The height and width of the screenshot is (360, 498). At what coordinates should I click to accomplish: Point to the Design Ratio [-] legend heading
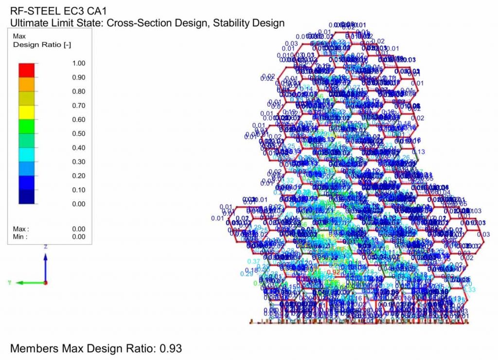tap(42, 45)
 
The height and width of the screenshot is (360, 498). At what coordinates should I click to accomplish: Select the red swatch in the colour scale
tap(27, 70)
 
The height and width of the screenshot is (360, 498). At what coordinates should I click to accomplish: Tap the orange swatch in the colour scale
tap(27, 84)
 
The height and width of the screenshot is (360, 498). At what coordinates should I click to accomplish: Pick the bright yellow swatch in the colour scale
tap(27, 112)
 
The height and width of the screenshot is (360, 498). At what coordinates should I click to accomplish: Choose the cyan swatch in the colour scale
tap(27, 155)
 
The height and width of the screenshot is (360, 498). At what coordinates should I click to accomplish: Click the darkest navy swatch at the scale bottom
tap(27, 197)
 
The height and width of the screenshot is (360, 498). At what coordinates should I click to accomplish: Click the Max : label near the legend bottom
tap(21, 229)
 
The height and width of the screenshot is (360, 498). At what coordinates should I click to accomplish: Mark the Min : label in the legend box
tap(20, 237)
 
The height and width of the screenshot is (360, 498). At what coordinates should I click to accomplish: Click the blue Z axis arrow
tap(45, 263)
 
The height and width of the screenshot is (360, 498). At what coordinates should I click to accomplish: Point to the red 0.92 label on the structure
tap(334, 272)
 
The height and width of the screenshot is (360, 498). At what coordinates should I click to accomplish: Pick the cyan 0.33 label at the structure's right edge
tap(469, 289)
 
